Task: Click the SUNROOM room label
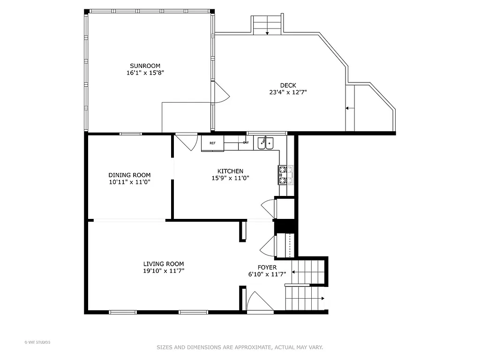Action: [145, 66]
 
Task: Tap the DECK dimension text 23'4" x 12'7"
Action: [288, 92]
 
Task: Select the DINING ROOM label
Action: [129, 175]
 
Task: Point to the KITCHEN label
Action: [230, 171]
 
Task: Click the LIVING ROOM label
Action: [163, 264]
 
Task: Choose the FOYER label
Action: [267, 267]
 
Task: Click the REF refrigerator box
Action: [212, 143]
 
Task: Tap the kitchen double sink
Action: [266, 142]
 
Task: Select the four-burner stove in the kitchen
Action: [285, 175]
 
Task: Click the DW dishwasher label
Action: [245, 142]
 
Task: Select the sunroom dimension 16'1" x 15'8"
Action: [145, 73]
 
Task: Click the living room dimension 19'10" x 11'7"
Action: [163, 271]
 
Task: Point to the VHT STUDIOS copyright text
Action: [37, 342]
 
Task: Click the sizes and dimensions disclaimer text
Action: [240, 347]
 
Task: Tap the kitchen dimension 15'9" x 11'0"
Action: [230, 178]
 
